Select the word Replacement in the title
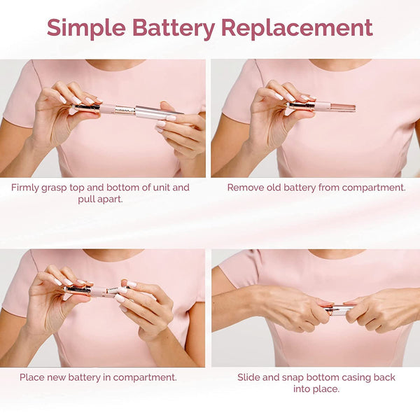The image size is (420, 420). [297, 28]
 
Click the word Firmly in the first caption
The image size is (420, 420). [28, 188]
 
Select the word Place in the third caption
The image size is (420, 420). [34, 377]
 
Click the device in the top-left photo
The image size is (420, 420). [129, 110]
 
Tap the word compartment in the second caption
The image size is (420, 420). [374, 188]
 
